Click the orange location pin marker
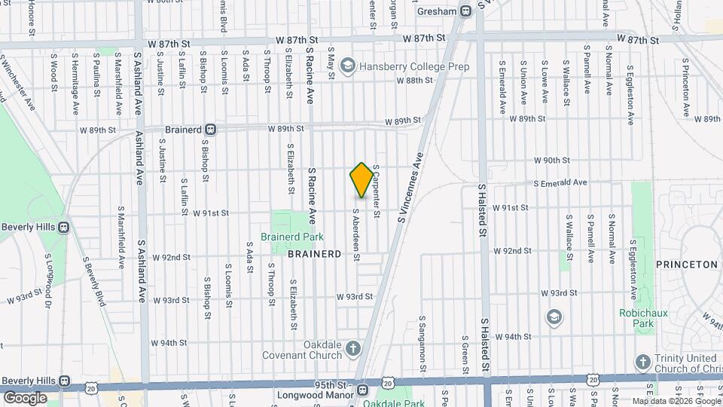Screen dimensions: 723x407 point(361,180)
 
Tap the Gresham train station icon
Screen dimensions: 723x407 point(466,11)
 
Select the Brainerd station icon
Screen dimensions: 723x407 point(212,129)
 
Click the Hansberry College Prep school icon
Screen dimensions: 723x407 point(347,67)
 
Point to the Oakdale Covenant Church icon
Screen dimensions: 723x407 point(353,348)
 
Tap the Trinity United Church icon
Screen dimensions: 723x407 point(642,363)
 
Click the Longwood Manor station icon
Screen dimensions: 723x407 point(363,390)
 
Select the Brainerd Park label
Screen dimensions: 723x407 point(291,237)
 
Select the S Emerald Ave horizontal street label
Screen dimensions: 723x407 point(560,182)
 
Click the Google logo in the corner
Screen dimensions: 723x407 point(25,397)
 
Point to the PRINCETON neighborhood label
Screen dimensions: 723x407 point(688,265)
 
